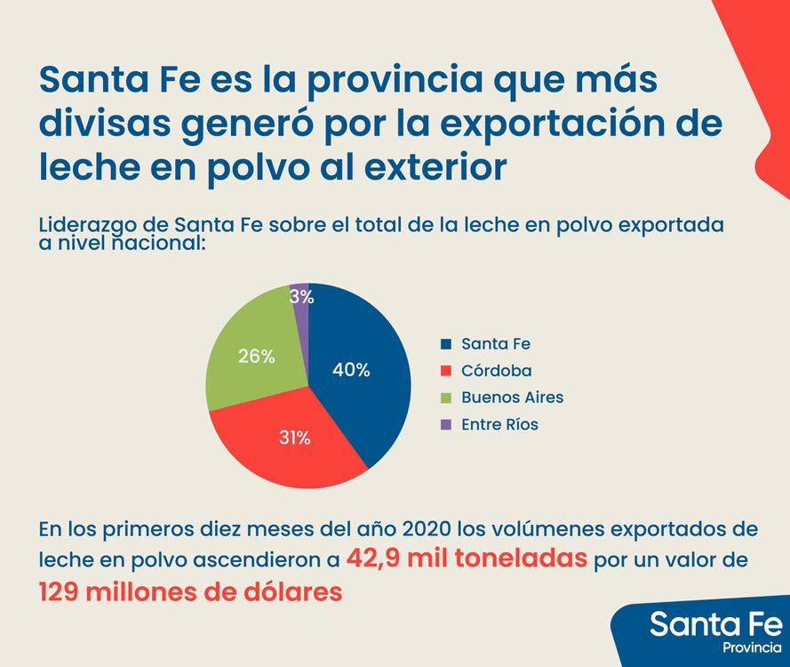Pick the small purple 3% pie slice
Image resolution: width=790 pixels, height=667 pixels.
pos(301,298)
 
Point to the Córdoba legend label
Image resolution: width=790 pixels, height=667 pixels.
pos(495,371)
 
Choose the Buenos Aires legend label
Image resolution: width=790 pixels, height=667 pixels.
pos(512,398)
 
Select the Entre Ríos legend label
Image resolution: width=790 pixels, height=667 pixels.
pos(499,424)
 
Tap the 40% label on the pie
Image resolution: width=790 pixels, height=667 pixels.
pos(351,370)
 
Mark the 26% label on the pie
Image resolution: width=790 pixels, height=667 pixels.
pos(256,356)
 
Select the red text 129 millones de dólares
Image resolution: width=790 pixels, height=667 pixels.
pos(189,591)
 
